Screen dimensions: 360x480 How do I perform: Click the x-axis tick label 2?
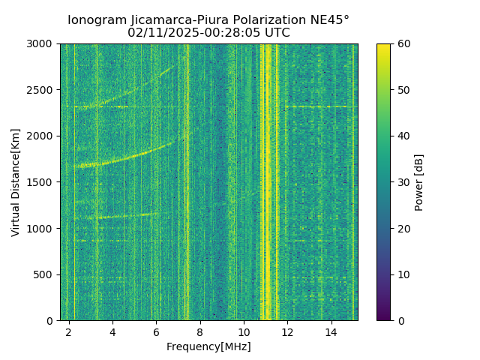[x=69, y=331]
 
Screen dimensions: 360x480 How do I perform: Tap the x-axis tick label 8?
[x=200, y=331]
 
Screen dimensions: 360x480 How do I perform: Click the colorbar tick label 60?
[x=402, y=44]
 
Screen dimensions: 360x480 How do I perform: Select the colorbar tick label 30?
[x=402, y=182]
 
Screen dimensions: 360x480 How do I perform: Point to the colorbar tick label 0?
[x=399, y=320]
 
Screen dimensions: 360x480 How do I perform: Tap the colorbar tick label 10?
[x=402, y=274]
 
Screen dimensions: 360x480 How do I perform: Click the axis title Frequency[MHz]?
[x=208, y=346]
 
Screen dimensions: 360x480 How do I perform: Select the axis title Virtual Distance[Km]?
[x=16, y=182]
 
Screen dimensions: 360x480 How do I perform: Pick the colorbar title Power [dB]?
[x=419, y=182]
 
